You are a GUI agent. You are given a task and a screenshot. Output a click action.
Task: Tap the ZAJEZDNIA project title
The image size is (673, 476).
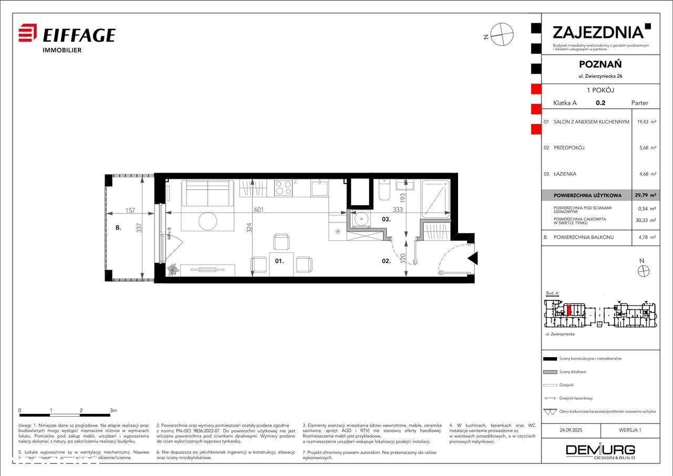[x=598, y=32]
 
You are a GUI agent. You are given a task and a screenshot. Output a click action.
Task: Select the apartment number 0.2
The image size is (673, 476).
[x=599, y=103]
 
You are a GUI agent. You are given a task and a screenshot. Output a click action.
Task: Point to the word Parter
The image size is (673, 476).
[x=640, y=103]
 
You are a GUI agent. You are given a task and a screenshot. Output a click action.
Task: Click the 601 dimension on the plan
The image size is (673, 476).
[x=258, y=209]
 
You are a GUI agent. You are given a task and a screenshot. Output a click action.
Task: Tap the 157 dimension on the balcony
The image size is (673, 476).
[x=130, y=210]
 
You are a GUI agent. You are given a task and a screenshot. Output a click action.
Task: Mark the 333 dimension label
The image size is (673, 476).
[x=398, y=209]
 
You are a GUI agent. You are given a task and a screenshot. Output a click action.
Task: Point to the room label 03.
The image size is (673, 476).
[x=386, y=219]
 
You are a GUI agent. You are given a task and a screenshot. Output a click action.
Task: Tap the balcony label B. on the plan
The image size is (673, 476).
[x=119, y=228]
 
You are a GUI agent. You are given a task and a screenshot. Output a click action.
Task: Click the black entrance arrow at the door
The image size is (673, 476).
[x=473, y=258]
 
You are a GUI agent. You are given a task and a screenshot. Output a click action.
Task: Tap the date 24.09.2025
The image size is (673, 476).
[x=571, y=430]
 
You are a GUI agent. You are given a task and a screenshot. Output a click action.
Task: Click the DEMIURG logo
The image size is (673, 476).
[x=600, y=451]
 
